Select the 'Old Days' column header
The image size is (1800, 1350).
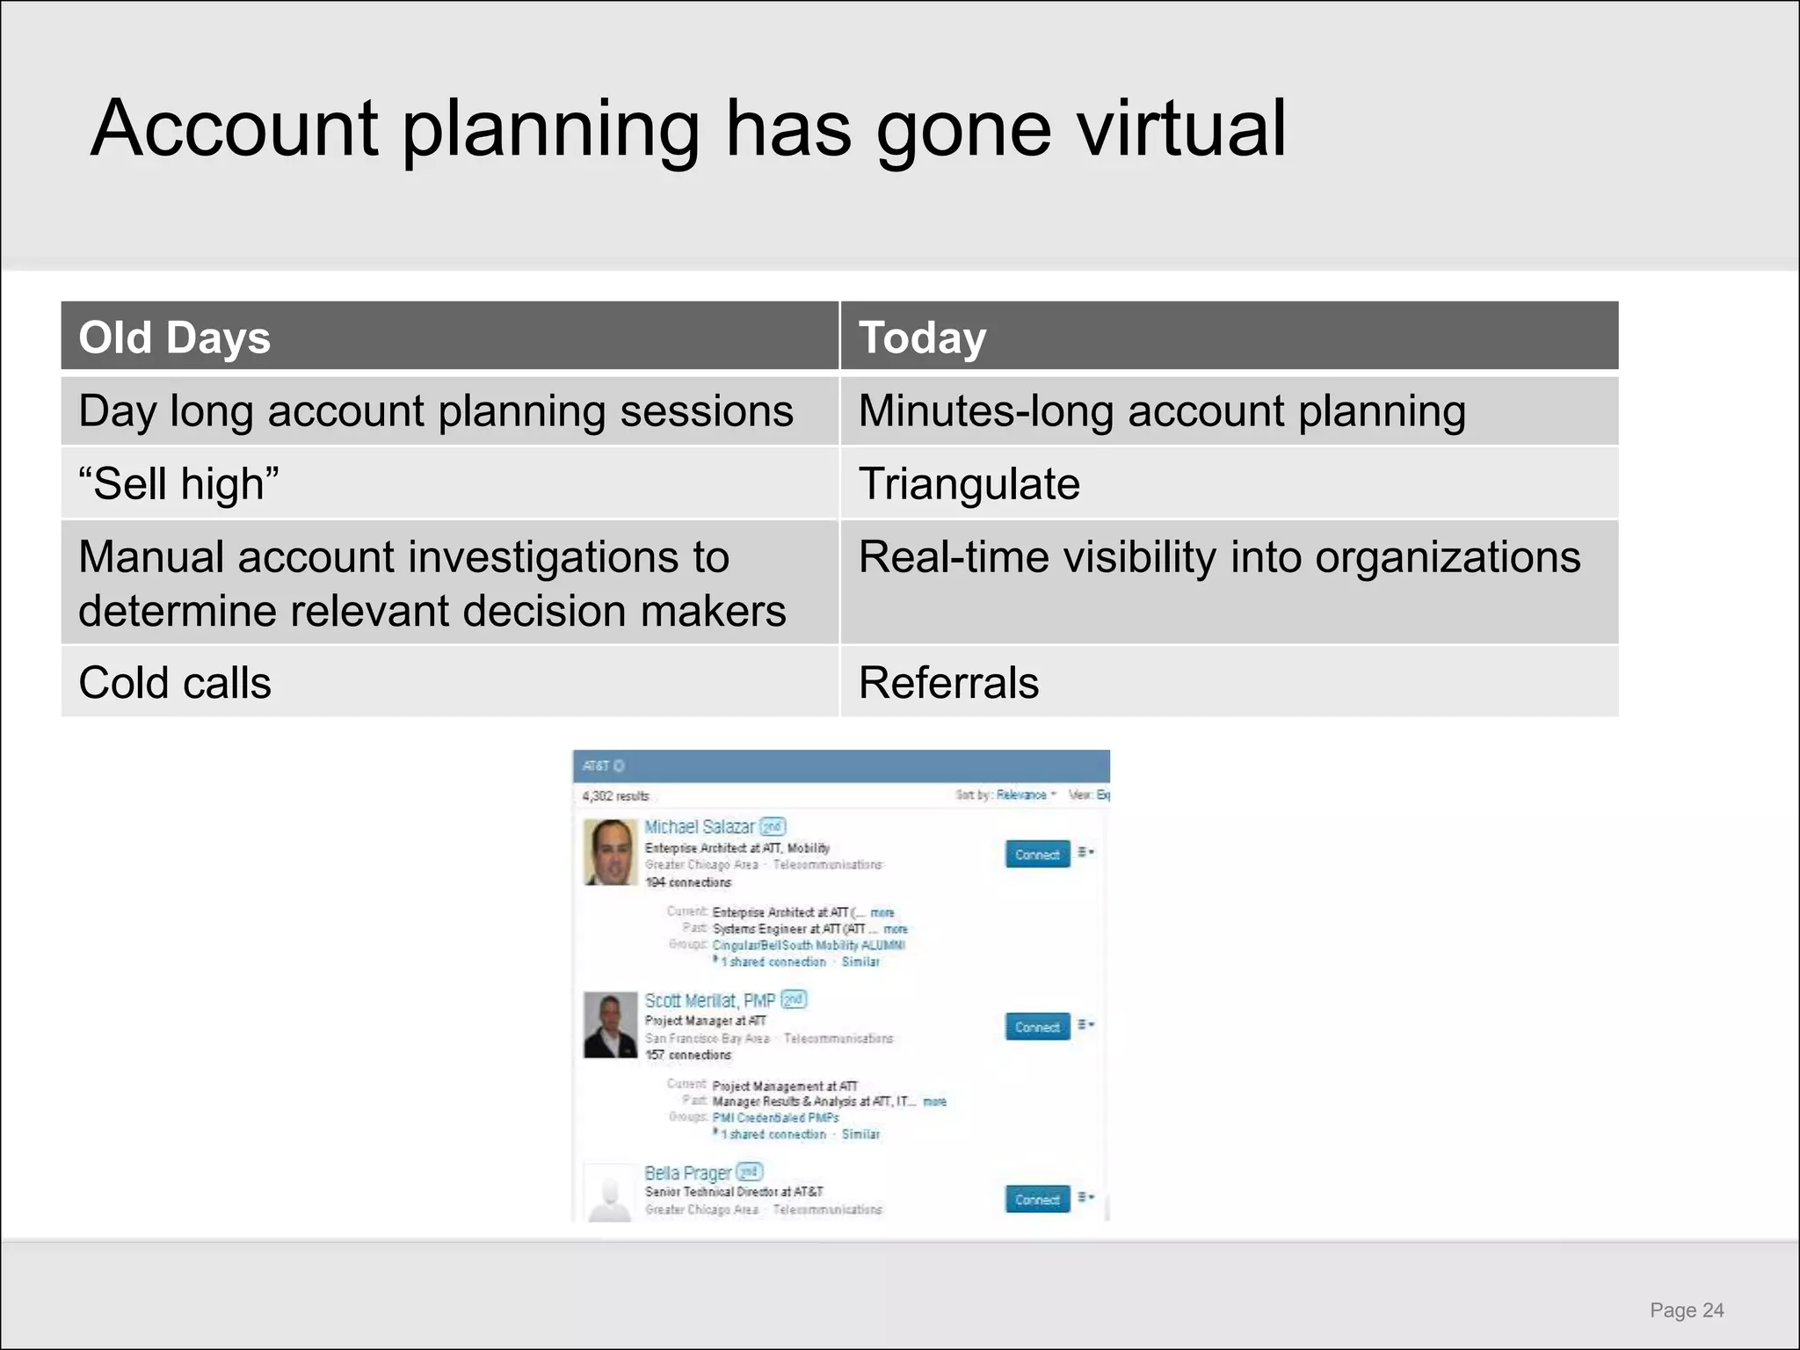[174, 337]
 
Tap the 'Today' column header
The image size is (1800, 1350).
[922, 337]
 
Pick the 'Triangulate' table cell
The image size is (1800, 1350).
[969, 483]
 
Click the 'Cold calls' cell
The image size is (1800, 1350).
[175, 683]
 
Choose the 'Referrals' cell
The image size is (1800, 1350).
[948, 683]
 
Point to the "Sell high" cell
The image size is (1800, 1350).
[178, 483]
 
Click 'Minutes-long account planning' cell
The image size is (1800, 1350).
[1161, 411]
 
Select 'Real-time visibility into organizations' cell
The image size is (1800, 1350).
[1219, 557]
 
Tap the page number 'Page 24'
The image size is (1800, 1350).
[1687, 1310]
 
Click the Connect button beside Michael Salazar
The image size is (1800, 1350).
[1037, 854]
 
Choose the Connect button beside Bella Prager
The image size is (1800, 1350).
[1037, 1200]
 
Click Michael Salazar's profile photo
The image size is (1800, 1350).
[610, 852]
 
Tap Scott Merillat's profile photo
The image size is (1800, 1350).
[610, 1025]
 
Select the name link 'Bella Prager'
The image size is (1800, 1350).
[687, 1173]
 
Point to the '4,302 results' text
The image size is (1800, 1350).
[615, 796]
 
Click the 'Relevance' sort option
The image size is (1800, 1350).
[1021, 795]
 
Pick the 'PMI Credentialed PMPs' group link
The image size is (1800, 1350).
[775, 1118]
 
